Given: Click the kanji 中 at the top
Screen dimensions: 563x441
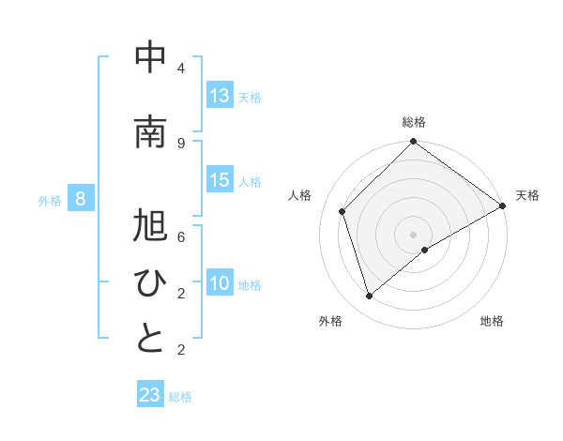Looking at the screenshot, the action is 150,58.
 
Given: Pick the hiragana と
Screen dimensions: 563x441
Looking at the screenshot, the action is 150,340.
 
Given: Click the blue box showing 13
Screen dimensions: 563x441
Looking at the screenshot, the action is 220,96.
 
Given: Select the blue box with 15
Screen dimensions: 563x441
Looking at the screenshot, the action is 220,180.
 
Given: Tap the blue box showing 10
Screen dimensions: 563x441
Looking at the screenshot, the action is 220,283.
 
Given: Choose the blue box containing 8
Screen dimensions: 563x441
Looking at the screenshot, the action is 81,199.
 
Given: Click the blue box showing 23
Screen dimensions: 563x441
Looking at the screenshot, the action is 150,395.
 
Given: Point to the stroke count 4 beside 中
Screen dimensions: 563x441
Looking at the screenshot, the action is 180,68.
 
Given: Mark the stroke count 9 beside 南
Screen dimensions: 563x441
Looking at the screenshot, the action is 180,144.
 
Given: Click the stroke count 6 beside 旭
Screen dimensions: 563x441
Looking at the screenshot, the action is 180,237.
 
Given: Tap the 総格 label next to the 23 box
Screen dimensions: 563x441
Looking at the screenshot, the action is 180,397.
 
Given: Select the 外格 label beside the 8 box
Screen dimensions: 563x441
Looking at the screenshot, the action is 50,200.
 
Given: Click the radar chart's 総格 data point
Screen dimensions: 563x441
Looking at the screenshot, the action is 413,143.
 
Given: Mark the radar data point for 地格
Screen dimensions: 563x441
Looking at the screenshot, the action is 425,250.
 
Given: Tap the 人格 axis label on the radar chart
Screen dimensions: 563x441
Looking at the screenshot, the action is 300,195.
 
